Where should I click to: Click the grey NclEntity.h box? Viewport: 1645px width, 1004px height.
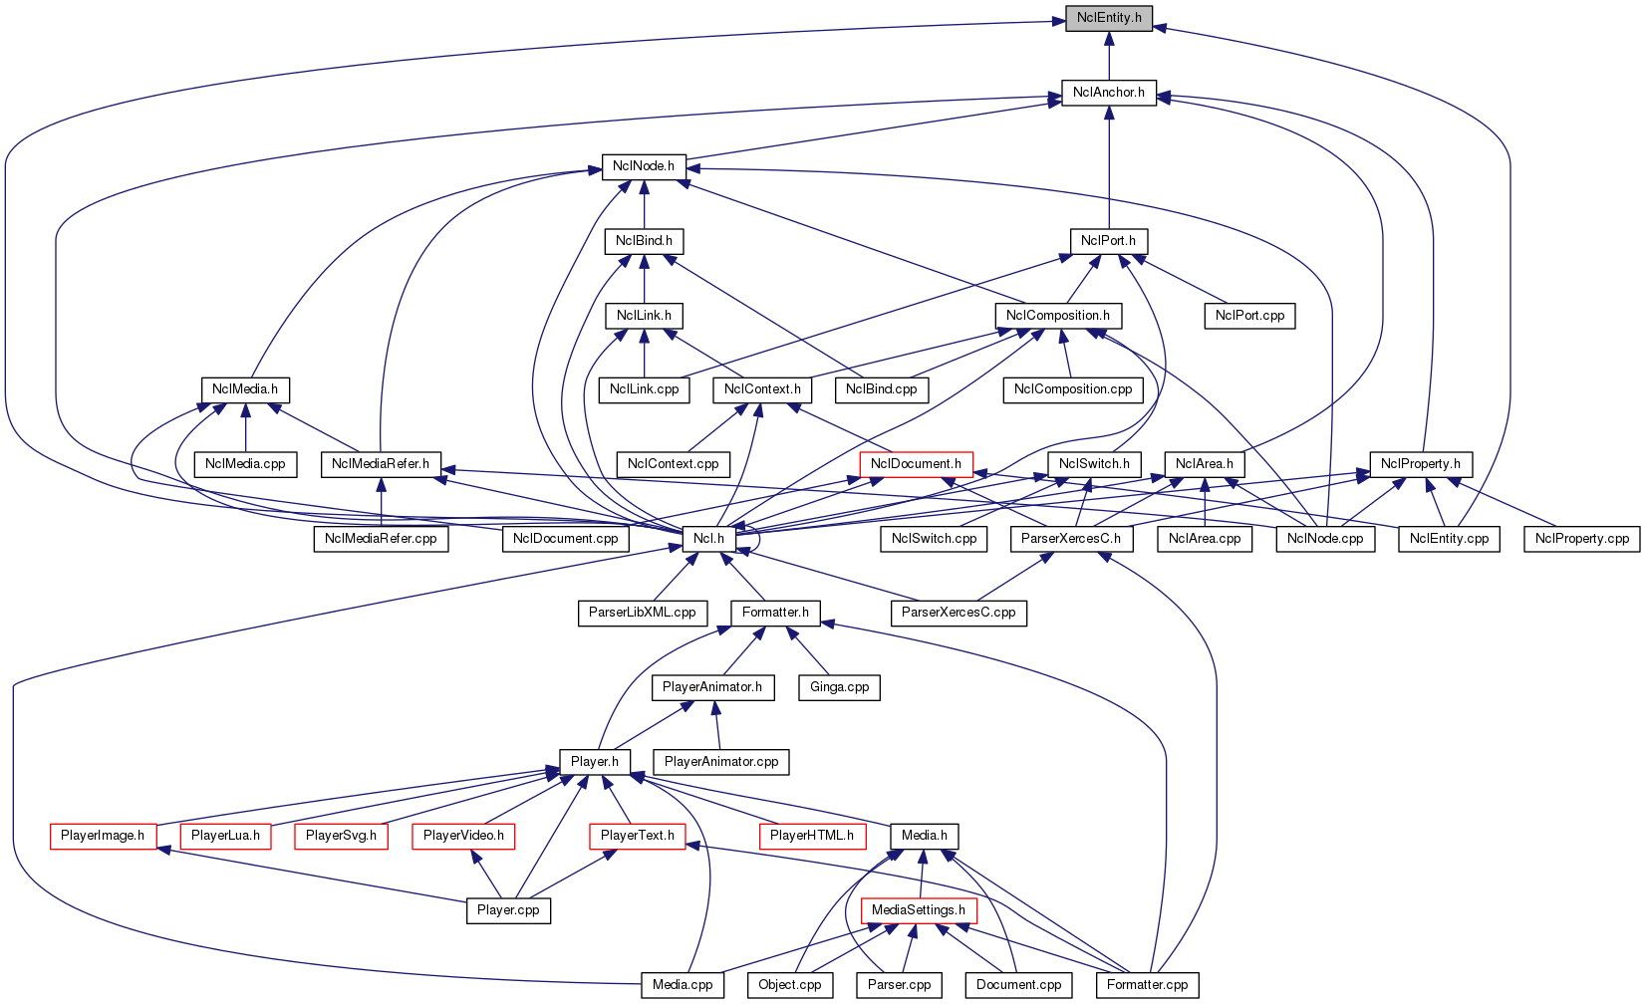coord(1109,18)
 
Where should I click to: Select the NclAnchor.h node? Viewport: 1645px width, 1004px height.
coord(1109,93)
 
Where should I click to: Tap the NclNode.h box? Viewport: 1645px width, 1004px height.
coord(644,166)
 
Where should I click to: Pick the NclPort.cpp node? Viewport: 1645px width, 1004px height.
coord(1249,316)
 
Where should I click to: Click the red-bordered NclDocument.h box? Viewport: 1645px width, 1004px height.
coord(916,464)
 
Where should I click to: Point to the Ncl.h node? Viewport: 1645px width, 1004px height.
coord(708,539)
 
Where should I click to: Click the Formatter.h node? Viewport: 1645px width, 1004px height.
coord(775,613)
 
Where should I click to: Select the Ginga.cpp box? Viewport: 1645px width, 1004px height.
coord(839,687)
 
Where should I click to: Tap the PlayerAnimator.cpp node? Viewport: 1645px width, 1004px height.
coord(721,762)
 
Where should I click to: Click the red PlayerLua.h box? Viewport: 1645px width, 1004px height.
coord(225,836)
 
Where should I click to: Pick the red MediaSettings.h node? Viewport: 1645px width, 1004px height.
coord(918,910)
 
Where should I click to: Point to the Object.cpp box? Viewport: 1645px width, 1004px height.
coord(790,985)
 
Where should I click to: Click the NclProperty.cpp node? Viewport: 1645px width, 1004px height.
coord(1582,539)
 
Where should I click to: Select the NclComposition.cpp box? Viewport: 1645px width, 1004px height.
coord(1073,389)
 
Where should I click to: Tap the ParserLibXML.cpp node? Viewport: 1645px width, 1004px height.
coord(642,613)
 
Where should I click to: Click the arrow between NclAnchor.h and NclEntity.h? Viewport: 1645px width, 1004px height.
coord(1109,55)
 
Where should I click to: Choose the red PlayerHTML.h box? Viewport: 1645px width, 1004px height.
coord(812,836)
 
